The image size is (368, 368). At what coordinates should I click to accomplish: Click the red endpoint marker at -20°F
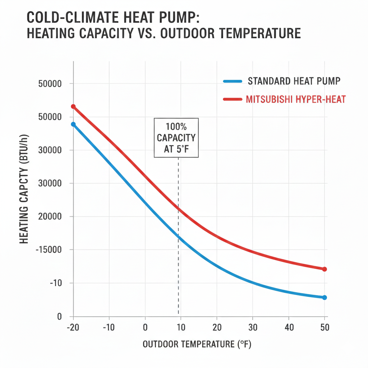(x=73, y=106)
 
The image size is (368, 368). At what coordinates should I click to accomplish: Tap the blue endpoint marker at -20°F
(x=73, y=124)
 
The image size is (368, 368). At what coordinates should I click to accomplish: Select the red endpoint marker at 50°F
(x=325, y=269)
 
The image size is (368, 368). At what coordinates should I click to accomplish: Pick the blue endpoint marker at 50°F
(x=325, y=297)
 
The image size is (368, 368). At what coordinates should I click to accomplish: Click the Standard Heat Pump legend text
(x=294, y=81)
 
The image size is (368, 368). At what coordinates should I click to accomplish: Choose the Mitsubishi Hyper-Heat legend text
(x=295, y=100)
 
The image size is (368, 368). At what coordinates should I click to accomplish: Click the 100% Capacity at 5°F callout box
(x=176, y=138)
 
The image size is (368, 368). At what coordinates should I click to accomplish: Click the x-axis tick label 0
(x=145, y=328)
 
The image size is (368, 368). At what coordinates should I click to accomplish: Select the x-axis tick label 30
(x=253, y=328)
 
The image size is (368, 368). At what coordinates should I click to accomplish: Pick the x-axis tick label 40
(x=289, y=328)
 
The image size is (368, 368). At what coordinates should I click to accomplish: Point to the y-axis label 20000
(x=50, y=217)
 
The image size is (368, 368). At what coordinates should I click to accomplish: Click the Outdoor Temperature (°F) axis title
(x=197, y=344)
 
